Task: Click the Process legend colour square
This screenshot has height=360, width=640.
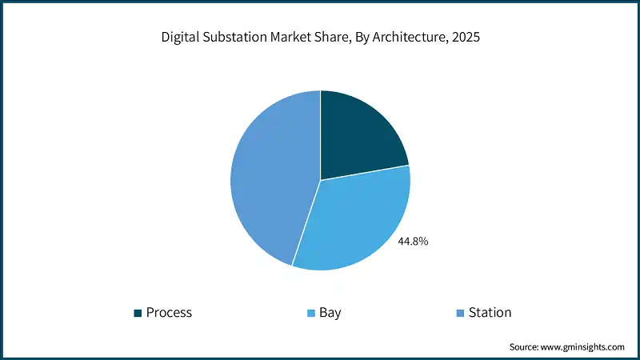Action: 138,313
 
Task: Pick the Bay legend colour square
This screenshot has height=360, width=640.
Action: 310,313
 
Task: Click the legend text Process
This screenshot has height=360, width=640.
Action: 169,313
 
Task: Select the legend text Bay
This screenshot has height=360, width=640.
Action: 330,313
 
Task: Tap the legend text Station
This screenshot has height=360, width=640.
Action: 490,313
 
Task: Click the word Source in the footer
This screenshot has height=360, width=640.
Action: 525,347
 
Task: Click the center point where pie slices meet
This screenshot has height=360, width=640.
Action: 320,180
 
